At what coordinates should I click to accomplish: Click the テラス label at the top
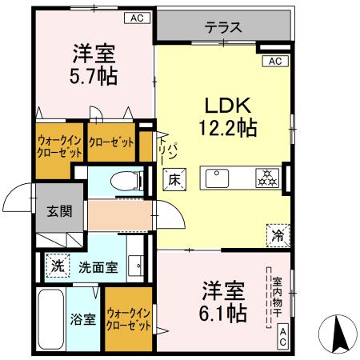(222, 26)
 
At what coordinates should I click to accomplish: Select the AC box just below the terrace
(274, 61)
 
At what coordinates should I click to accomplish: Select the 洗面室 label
(98, 267)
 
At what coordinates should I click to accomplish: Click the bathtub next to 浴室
(52, 318)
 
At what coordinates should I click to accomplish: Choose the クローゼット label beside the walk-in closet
(111, 143)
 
